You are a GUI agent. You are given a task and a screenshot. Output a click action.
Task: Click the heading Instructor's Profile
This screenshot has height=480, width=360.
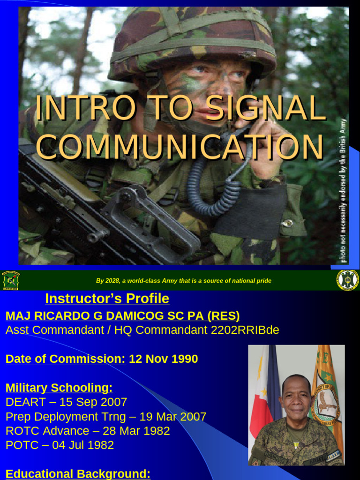[107, 299]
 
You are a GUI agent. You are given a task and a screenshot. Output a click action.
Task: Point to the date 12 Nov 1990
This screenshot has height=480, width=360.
[163, 359]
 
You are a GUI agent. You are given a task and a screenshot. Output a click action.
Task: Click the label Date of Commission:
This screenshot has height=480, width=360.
[65, 359]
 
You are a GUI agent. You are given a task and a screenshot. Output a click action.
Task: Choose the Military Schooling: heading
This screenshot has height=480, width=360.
[59, 388]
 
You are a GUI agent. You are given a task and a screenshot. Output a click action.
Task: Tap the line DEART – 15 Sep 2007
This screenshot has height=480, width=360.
[66, 402]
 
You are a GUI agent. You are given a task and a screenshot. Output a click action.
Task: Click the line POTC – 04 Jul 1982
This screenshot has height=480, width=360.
[60, 445]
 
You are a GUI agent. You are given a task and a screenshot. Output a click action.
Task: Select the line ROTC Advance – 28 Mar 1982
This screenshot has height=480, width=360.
[88, 431]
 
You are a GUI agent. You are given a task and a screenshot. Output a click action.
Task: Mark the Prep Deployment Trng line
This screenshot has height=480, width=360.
[106, 416]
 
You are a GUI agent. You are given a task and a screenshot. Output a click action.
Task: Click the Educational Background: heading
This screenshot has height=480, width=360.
[78, 474]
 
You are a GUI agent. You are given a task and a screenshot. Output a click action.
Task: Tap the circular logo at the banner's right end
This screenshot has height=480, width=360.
[347, 280]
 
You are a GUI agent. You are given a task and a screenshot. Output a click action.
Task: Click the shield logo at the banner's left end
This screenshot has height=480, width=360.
[10, 280]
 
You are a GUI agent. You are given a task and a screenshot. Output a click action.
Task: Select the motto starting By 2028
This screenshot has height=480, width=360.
[184, 281]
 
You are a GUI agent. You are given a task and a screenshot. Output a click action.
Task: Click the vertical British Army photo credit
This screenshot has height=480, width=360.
[344, 190]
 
